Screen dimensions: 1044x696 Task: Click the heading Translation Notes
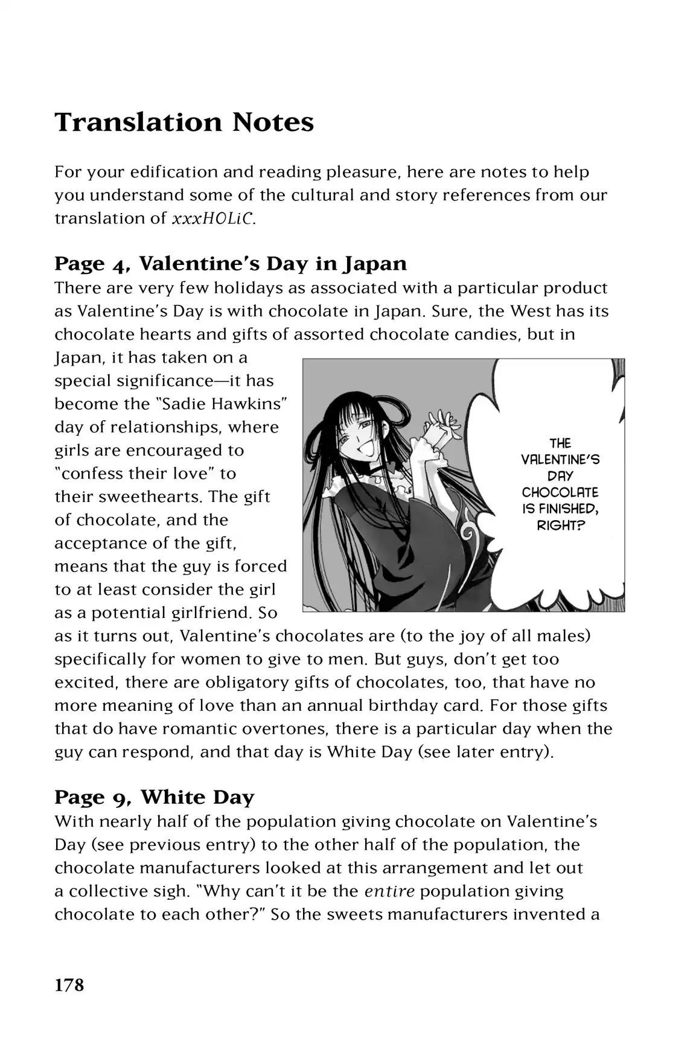tap(184, 123)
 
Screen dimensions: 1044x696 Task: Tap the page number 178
tap(69, 985)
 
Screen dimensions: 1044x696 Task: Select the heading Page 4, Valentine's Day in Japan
tap(231, 264)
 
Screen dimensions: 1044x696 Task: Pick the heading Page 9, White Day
tap(155, 797)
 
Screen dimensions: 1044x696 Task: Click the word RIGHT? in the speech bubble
tap(561, 526)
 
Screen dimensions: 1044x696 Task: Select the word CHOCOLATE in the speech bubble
tap(560, 492)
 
